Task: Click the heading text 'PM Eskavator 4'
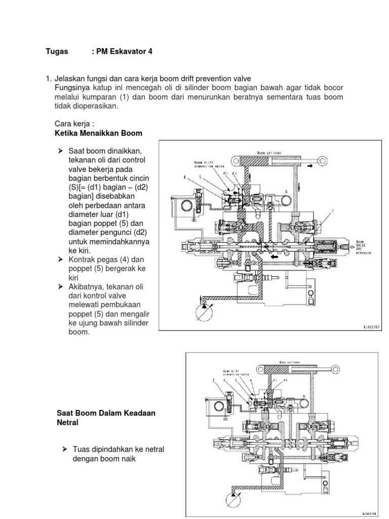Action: [122, 52]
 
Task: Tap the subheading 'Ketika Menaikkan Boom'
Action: [98, 133]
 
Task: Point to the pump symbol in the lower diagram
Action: [231, 499]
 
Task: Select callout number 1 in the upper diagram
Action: [333, 210]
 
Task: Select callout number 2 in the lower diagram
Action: [215, 380]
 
